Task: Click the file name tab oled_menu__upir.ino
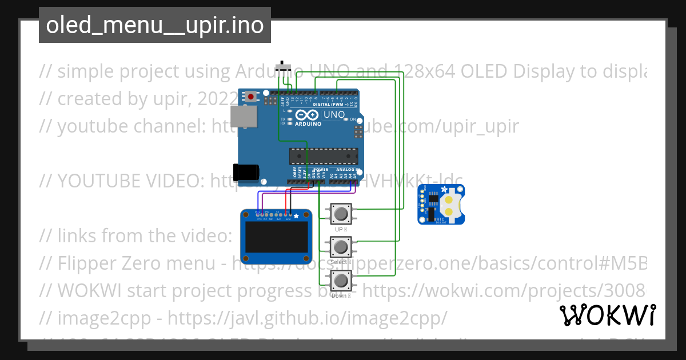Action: coord(154,25)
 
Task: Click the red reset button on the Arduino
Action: coord(251,97)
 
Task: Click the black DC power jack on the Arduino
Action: coord(246,171)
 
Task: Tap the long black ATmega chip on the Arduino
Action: coord(324,155)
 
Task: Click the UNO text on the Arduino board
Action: coord(334,115)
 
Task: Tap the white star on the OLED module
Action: coord(296,216)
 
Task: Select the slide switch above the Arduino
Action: coord(282,67)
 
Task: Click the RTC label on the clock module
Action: coord(440,219)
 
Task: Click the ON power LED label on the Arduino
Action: coord(353,119)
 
